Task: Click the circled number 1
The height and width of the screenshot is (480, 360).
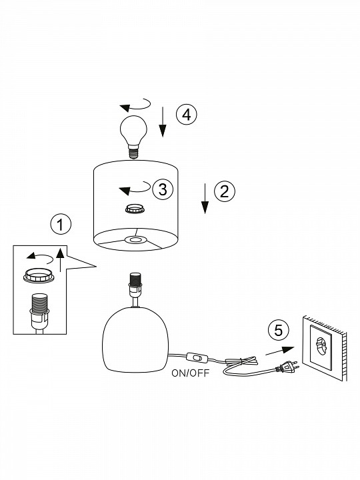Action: pos(61,224)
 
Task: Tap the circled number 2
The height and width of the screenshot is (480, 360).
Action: pos(225,191)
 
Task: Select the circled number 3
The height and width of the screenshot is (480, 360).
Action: pos(163,189)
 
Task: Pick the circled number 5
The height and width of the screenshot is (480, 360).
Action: pos(278,331)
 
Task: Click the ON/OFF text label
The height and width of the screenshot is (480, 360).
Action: pos(191,373)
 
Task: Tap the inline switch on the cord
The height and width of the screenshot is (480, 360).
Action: pos(197,357)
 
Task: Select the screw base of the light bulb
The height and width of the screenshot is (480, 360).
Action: pos(133,153)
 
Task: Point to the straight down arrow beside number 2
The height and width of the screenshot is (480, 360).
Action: pos(205,199)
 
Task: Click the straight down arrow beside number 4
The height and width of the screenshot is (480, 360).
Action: pos(163,122)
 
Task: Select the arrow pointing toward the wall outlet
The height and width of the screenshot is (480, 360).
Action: pos(280,351)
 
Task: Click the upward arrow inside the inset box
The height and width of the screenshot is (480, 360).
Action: pos(60,260)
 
